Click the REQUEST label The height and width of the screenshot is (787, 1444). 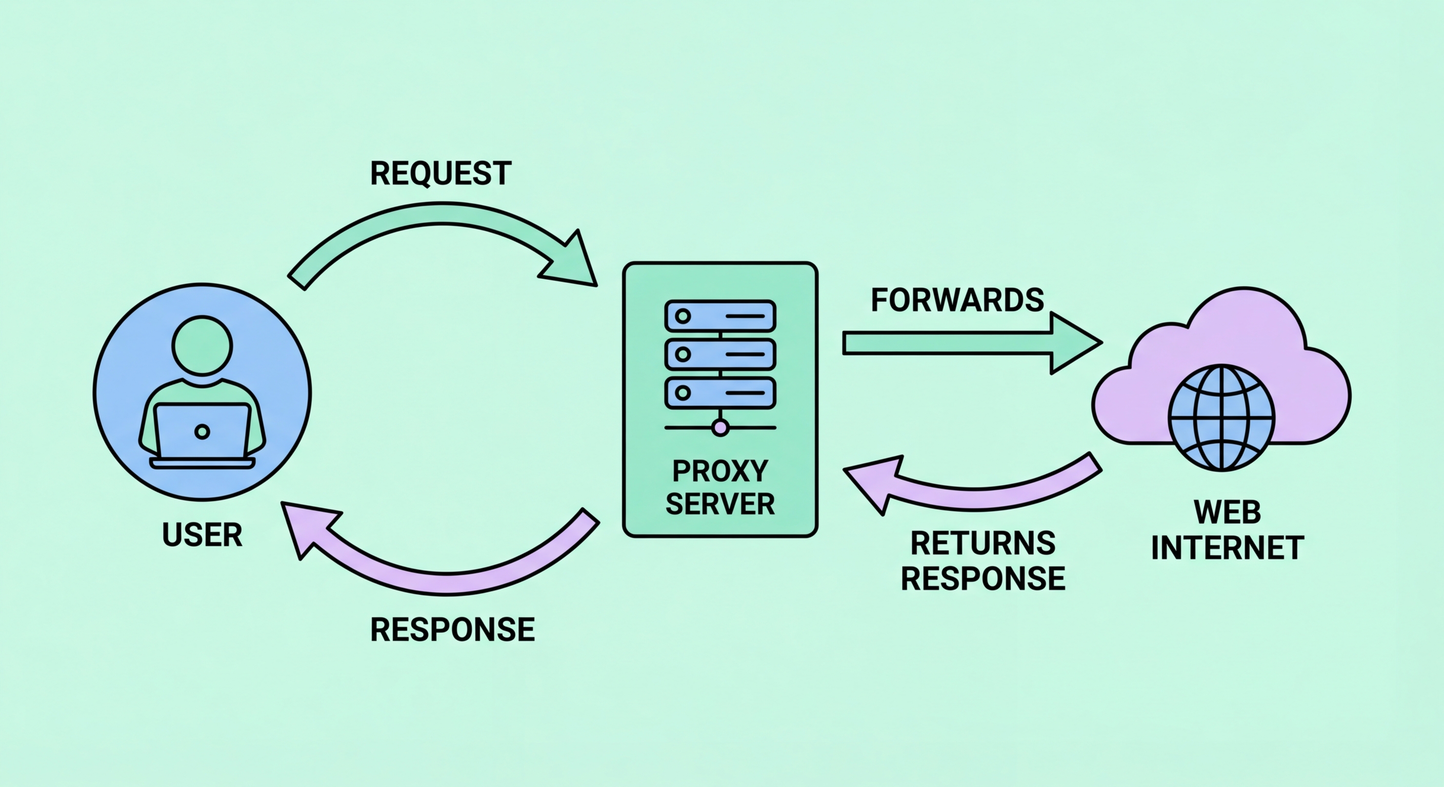[x=440, y=173]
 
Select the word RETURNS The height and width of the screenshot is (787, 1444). [x=982, y=543]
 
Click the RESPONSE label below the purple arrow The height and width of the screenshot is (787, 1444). [x=452, y=629]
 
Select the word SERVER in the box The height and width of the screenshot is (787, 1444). [x=720, y=504]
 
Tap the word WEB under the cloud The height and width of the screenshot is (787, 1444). [x=1227, y=512]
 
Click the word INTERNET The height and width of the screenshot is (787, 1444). [x=1227, y=548]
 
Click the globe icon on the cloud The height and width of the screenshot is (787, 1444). [x=1221, y=417]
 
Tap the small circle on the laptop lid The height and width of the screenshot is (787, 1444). [x=203, y=431]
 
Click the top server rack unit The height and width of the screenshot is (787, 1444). [x=720, y=316]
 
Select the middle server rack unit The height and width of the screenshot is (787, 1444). [x=720, y=354]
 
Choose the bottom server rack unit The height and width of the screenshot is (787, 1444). [x=720, y=392]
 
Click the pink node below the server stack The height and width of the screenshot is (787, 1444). [x=720, y=428]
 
